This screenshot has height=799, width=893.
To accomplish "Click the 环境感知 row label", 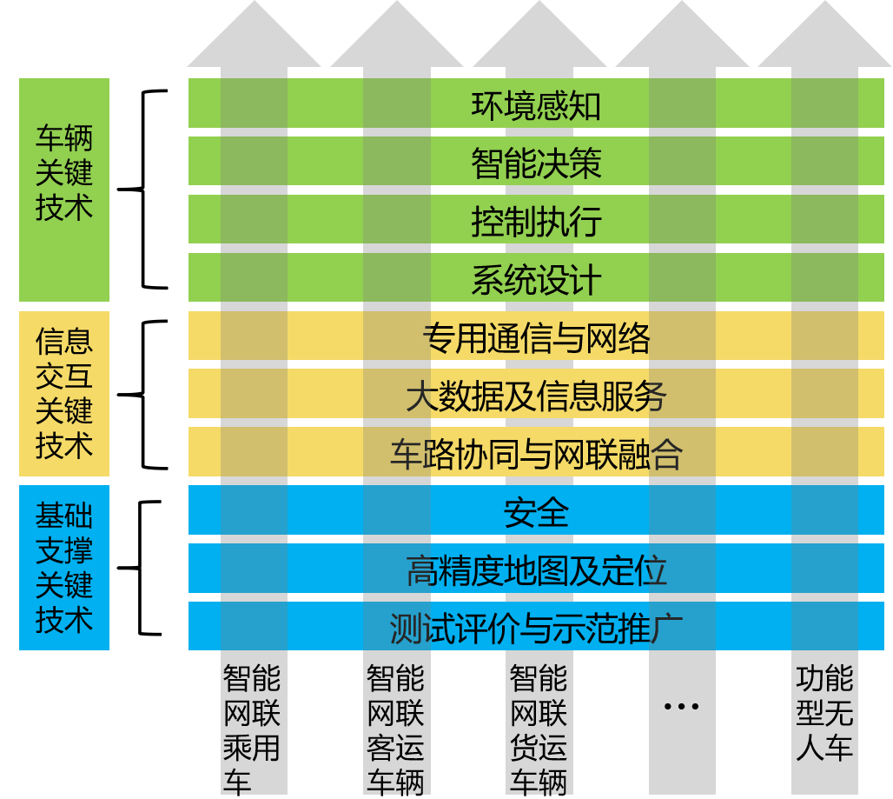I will [536, 105].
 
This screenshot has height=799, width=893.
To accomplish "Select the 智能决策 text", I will [536, 163].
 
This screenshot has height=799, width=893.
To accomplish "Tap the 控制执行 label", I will [536, 222].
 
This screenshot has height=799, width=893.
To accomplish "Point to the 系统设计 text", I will [536, 280].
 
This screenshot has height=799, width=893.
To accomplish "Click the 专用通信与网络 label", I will [536, 338].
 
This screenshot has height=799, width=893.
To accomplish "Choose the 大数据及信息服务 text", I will [536, 396].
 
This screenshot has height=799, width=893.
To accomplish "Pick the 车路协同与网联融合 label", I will [536, 455].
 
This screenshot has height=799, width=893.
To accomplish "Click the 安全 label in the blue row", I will [536, 512].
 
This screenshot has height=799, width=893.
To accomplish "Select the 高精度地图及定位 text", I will [536, 570].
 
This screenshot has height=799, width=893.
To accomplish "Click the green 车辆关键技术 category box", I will [64, 190].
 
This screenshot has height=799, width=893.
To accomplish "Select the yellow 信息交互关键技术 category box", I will [64, 393].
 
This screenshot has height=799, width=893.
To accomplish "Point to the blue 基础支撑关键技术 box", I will [64, 568].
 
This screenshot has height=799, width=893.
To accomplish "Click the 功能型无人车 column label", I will [824, 713].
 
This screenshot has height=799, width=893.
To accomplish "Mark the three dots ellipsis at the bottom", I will [681, 706].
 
